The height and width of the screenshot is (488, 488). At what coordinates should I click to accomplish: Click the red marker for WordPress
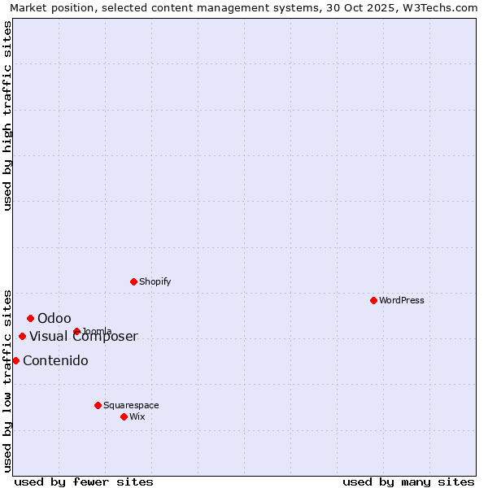pyautogui.click(x=373, y=300)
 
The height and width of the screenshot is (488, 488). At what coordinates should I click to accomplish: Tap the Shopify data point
pyautogui.click(x=133, y=281)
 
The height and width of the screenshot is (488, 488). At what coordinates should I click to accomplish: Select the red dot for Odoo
pyautogui.click(x=30, y=318)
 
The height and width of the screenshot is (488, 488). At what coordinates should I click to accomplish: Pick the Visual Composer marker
pyautogui.click(x=22, y=336)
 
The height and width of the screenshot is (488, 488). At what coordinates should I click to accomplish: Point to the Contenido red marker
pyautogui.click(x=15, y=360)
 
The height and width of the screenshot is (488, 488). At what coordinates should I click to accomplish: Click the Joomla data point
pyautogui.click(x=76, y=331)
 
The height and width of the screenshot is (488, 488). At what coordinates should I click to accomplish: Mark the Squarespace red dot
pyautogui.click(x=98, y=405)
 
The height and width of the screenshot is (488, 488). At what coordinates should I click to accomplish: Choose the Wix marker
pyautogui.click(x=124, y=416)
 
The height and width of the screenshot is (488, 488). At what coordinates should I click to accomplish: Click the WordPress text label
pyautogui.click(x=402, y=300)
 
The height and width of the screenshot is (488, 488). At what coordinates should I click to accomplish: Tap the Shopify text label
pyautogui.click(x=155, y=281)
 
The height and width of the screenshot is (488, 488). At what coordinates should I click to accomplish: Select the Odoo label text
pyautogui.click(x=54, y=318)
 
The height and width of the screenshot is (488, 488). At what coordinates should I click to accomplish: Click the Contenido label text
pyautogui.click(x=55, y=360)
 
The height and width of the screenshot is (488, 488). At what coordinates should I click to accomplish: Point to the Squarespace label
pyautogui.click(x=131, y=405)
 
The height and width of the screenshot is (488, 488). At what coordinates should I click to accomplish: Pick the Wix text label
pyautogui.click(x=137, y=416)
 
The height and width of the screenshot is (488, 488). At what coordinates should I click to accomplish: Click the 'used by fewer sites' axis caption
pyautogui.click(x=84, y=481)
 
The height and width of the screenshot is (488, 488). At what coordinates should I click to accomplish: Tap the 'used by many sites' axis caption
pyautogui.click(x=408, y=481)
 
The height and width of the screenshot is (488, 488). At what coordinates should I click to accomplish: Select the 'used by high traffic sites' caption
pyautogui.click(x=7, y=115)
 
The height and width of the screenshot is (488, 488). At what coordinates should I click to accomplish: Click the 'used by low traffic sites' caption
pyautogui.click(x=7, y=380)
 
